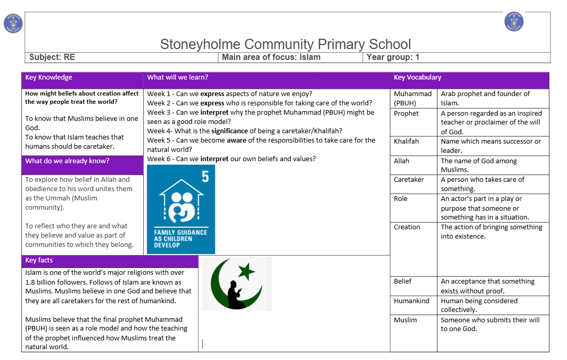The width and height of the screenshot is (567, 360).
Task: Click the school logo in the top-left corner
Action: pos(13,24)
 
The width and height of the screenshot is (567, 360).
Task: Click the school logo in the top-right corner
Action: pos(514,21)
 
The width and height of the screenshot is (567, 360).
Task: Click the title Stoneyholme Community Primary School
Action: pos(286,44)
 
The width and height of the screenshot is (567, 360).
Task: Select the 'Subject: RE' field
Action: pos(52,57)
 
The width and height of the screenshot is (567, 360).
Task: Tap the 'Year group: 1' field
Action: pos(393,57)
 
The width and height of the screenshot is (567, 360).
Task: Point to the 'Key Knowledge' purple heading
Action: pos(49,77)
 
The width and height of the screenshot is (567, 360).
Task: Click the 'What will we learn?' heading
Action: pos(178,77)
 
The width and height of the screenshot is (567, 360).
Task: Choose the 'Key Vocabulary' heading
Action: pos(417,77)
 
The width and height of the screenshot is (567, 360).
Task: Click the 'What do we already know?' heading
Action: pos(67,161)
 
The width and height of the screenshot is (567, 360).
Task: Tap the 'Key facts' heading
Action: pos(39,260)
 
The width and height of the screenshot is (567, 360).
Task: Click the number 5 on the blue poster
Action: pos(205,177)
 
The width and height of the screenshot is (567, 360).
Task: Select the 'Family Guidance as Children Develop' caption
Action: pos(181,239)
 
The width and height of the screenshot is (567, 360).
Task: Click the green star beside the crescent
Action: pos(247,271)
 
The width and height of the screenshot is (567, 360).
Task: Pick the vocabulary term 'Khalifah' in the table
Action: pos(406,142)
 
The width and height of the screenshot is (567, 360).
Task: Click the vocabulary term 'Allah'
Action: pos(401,161)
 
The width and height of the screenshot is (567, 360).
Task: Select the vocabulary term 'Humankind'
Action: pos(412,301)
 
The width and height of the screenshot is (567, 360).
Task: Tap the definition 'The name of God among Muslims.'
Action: pos(479,165)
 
